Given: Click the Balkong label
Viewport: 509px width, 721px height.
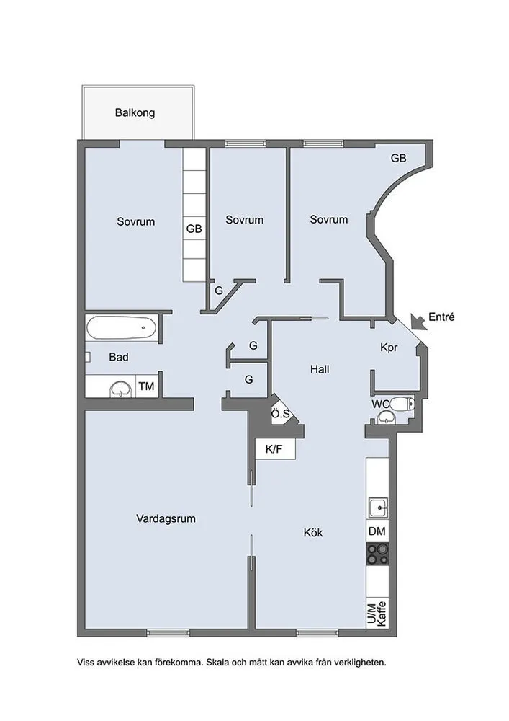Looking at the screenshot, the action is (x=135, y=112).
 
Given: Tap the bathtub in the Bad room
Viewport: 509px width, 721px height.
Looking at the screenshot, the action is (x=122, y=327).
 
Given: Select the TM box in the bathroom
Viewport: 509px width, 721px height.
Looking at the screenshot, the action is (x=147, y=386).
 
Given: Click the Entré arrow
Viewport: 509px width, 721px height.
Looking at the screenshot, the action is (x=418, y=322).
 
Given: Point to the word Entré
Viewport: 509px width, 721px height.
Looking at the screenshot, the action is (x=441, y=317).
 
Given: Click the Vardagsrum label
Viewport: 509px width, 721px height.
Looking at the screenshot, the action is (x=166, y=518).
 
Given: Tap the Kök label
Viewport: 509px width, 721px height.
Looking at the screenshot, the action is (x=313, y=533).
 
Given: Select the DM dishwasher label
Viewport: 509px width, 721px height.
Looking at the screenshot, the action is (x=377, y=531).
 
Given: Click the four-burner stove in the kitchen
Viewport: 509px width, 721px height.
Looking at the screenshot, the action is (x=377, y=554).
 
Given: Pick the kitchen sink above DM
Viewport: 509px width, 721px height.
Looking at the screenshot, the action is (x=378, y=508).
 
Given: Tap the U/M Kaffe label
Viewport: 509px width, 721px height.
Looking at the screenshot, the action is (x=377, y=614).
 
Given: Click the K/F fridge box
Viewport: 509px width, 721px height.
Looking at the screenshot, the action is (x=274, y=449).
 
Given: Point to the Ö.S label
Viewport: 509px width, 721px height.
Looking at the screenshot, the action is (x=281, y=414).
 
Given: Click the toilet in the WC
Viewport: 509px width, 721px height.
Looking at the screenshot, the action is (x=403, y=404).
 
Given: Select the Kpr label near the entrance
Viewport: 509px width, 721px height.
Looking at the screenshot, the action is (x=389, y=348).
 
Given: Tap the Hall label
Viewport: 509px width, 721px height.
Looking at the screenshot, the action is (x=320, y=369).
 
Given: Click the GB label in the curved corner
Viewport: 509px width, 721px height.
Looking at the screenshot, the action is (x=398, y=158).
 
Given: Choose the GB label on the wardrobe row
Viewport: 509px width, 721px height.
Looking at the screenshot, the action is (x=194, y=229).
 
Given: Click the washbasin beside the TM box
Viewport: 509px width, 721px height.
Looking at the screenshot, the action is (x=121, y=389).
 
